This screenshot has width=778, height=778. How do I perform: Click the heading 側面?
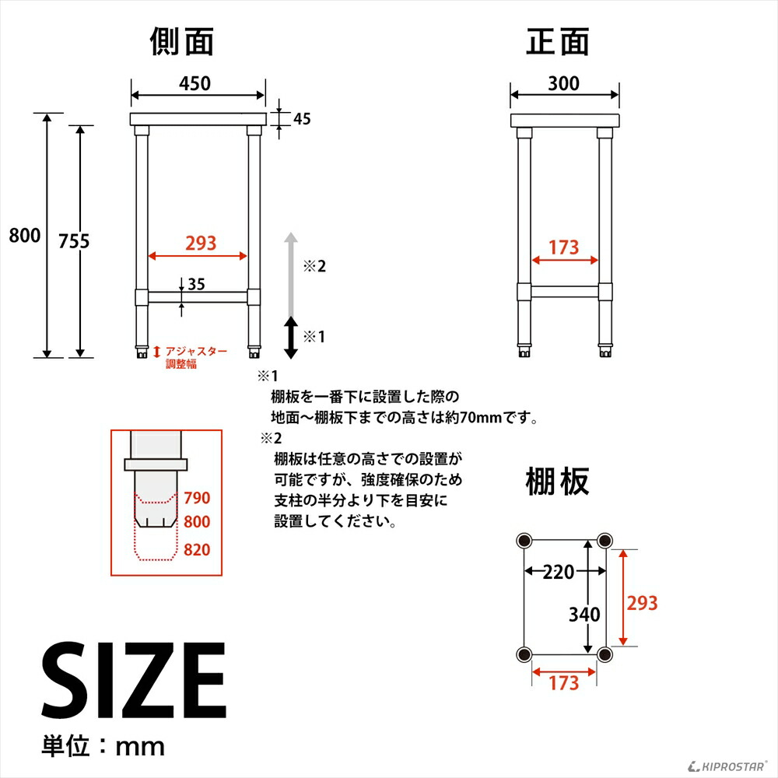pyautogui.click(x=181, y=42)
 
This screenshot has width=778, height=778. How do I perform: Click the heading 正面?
pyautogui.click(x=558, y=42)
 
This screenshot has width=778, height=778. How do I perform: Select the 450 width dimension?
pyautogui.click(x=194, y=83)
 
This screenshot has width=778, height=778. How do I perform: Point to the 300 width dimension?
pyautogui.click(x=563, y=83)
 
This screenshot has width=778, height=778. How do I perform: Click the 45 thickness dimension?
pyautogui.click(x=303, y=119)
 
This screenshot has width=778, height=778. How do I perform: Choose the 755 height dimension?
pyautogui.click(x=75, y=241)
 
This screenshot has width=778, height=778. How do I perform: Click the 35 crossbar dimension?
pyautogui.click(x=196, y=284)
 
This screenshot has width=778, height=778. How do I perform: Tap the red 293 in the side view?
pyautogui.click(x=200, y=244)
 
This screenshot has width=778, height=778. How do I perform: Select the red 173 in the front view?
pyautogui.click(x=563, y=247)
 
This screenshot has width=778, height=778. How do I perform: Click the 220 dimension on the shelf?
pyautogui.click(x=558, y=573)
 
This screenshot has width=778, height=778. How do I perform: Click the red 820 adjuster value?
pyautogui.click(x=197, y=550)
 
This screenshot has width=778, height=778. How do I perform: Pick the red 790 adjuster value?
pyautogui.click(x=197, y=498)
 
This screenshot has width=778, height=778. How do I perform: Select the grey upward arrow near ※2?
pyautogui.click(x=290, y=272)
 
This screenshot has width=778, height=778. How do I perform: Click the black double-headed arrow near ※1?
pyautogui.click(x=290, y=337)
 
